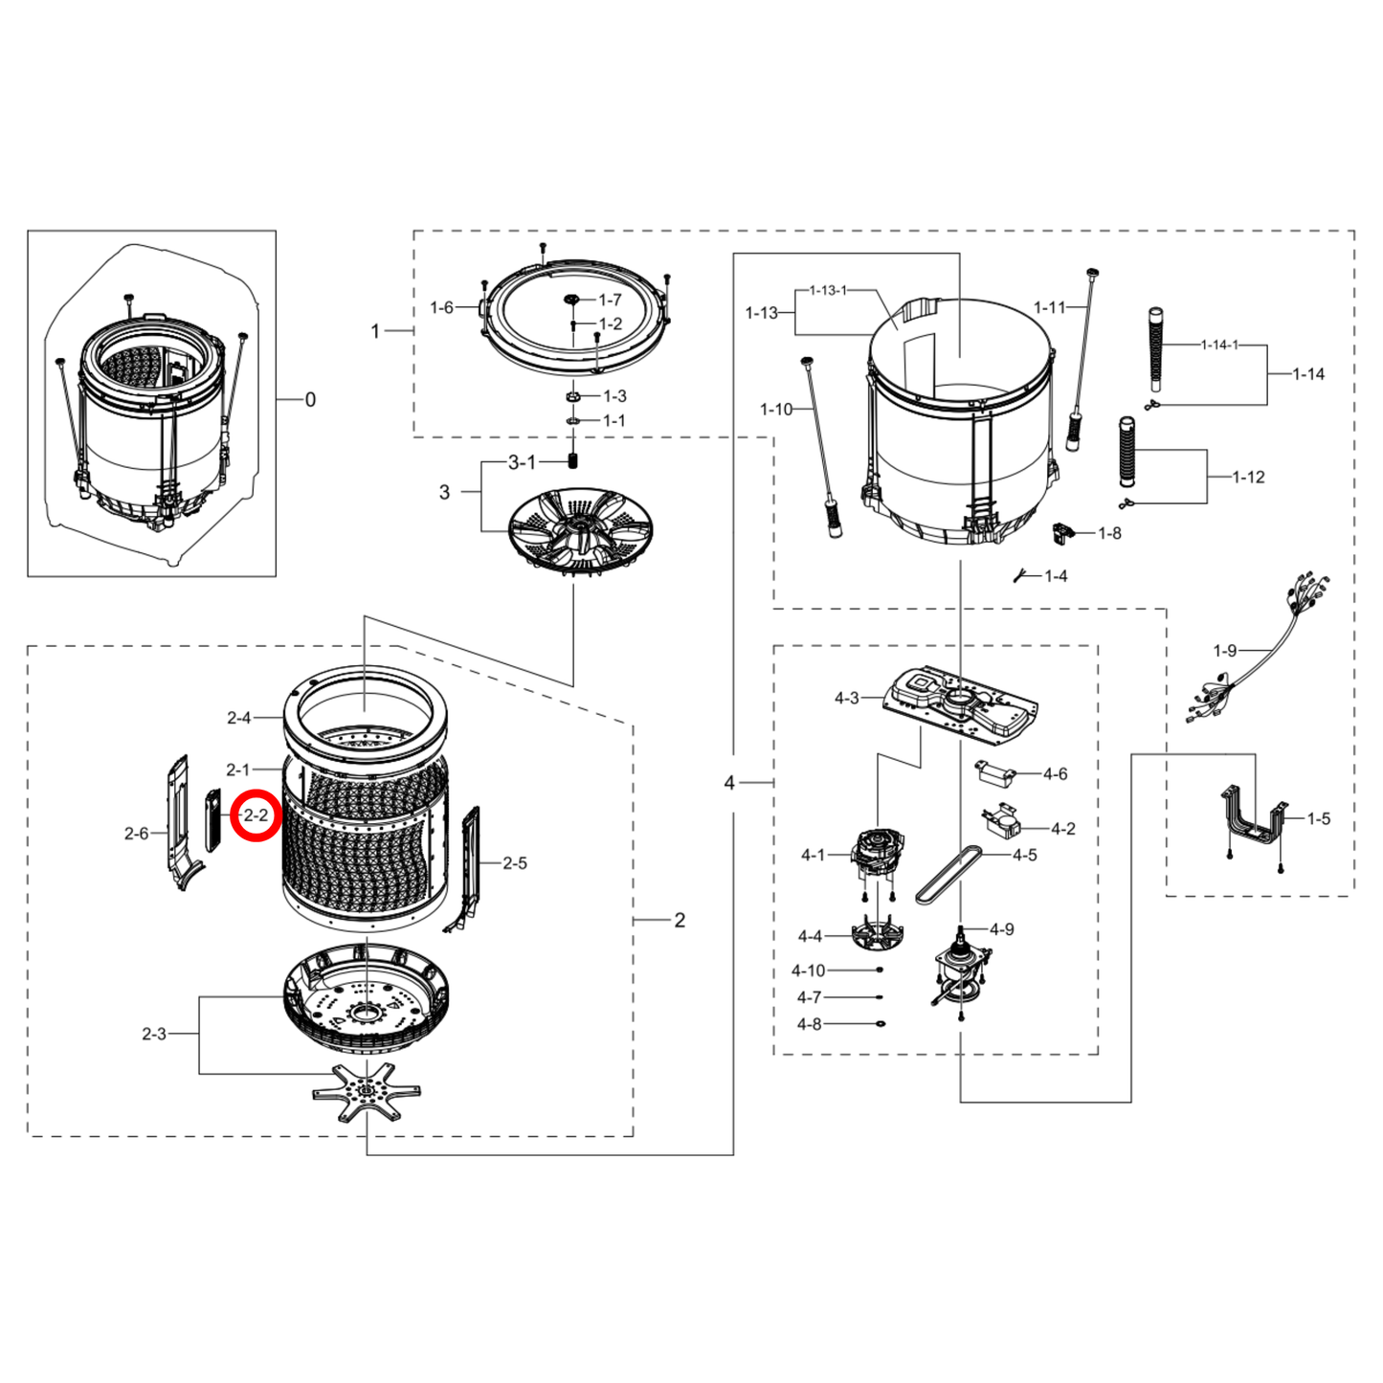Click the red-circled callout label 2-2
256,816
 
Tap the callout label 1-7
611,301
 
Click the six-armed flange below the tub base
366,1092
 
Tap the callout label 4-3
846,699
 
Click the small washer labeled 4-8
880,1024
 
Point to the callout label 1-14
1307,374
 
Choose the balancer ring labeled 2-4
365,709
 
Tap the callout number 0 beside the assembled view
310,400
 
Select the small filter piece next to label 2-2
212,820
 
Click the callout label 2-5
515,863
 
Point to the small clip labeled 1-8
1061,532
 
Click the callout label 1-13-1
828,290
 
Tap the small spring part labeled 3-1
573,461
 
